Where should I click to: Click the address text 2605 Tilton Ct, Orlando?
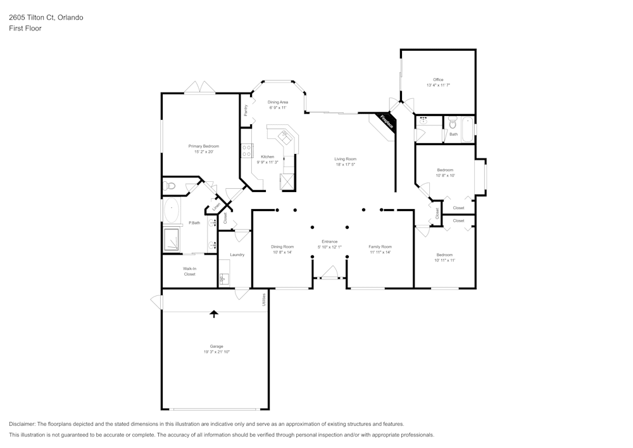[46, 18]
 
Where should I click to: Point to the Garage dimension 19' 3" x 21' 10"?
[216, 352]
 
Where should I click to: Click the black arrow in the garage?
[214, 313]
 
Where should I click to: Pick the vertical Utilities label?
[264, 300]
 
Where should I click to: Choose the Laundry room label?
[237, 255]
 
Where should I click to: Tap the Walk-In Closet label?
[189, 271]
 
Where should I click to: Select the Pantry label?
[246, 110]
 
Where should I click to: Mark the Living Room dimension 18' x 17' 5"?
[346, 165]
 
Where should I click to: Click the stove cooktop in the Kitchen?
[247, 151]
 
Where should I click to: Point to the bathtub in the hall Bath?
[467, 129]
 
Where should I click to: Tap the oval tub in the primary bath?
[172, 210]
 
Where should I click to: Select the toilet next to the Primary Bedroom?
[169, 186]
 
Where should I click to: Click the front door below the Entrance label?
[329, 274]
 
